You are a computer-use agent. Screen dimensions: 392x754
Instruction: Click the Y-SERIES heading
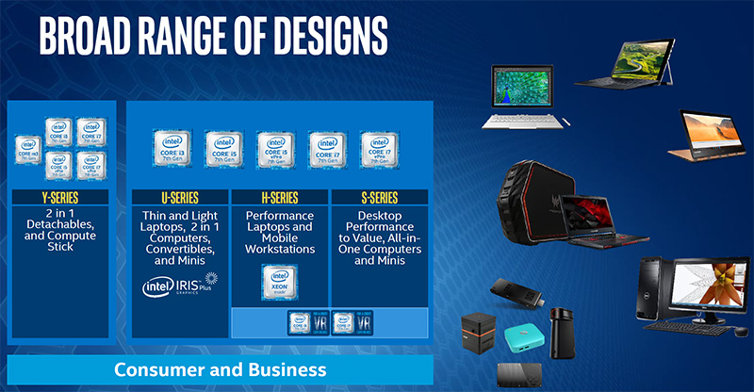tap(59, 198)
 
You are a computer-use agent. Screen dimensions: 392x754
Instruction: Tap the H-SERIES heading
tap(279, 198)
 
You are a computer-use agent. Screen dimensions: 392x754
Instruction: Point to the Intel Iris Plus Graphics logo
tap(180, 285)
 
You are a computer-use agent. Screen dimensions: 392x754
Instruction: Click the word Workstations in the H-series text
tap(279, 250)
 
